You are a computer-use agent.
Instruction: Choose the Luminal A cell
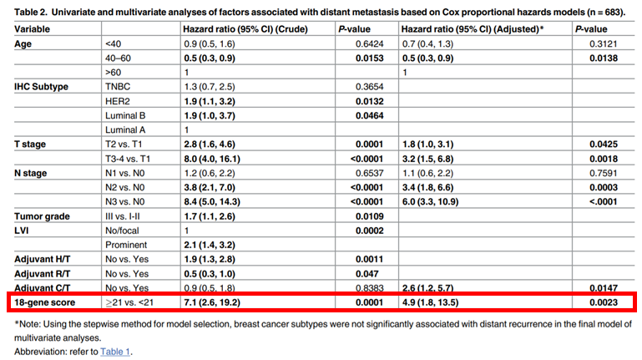125,129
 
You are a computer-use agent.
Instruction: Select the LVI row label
24,230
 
